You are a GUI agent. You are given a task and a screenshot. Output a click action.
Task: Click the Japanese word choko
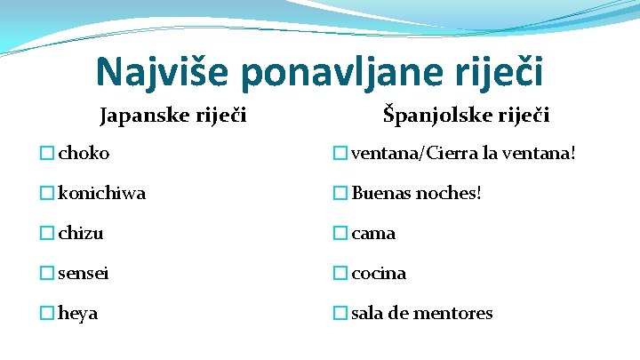tap(84, 153)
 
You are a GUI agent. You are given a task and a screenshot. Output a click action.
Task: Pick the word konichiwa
tap(102, 193)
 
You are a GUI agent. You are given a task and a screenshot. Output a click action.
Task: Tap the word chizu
tap(81, 233)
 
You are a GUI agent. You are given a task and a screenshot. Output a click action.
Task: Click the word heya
tap(79, 313)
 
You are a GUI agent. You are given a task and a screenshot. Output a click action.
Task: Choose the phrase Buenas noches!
tap(417, 193)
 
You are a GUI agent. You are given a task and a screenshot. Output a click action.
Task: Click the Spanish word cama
tap(374, 233)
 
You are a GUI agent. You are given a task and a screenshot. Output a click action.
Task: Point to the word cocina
tap(380, 273)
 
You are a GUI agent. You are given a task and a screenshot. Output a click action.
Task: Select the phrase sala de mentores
tap(422, 313)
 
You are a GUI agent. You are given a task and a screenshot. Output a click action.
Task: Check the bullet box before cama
tap(340, 233)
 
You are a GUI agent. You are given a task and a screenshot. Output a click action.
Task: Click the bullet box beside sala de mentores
tap(340, 313)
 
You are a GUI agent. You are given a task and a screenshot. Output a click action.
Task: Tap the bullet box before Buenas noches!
tap(340, 193)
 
